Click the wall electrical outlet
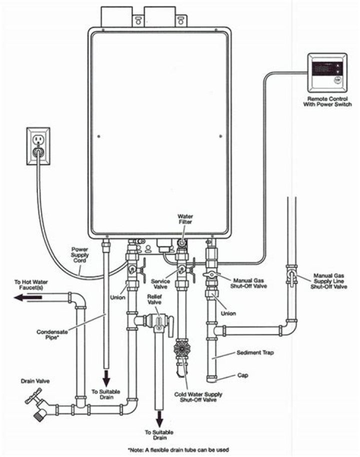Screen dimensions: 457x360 point(38,145)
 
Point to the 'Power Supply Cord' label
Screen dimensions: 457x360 point(80,254)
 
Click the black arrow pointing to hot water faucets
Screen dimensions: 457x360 point(27,298)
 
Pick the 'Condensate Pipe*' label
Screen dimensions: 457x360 point(52,334)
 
